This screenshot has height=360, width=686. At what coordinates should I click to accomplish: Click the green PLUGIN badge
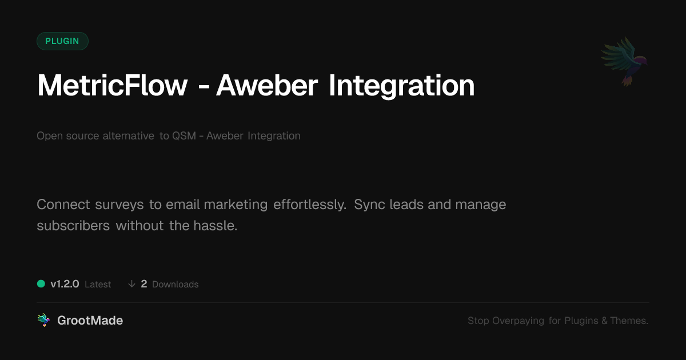coord(62,41)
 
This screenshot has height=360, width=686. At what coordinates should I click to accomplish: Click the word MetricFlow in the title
coord(112,85)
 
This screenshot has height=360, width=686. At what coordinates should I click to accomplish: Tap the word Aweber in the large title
coord(267,85)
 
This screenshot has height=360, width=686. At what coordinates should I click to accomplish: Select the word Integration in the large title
coord(401,87)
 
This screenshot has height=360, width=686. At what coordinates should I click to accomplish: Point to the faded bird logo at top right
coord(624,62)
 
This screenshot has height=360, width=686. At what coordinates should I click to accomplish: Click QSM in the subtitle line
coord(184,135)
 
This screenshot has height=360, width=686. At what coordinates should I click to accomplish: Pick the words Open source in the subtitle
coord(67,136)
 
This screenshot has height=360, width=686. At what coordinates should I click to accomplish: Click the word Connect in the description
coord(63,205)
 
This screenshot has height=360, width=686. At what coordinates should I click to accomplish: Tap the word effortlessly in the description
coord(310,205)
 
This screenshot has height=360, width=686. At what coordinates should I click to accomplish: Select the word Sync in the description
coord(369,205)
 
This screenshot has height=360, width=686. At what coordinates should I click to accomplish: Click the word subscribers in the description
coord(73,226)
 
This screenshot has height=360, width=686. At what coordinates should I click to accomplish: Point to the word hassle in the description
coord(216,226)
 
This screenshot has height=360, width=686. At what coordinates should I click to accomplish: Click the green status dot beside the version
coord(41,284)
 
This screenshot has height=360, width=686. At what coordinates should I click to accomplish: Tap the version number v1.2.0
coord(65,284)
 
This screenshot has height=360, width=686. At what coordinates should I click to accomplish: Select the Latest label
coord(98,285)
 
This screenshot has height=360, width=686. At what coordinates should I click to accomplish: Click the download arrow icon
coord(131,284)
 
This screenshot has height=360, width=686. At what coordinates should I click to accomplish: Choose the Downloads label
coord(175,285)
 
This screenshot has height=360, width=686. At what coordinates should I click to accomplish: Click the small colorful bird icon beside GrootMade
coord(43,320)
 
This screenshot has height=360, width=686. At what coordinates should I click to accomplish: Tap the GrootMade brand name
coord(90,321)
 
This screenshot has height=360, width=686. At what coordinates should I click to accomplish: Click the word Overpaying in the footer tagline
coord(518,321)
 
